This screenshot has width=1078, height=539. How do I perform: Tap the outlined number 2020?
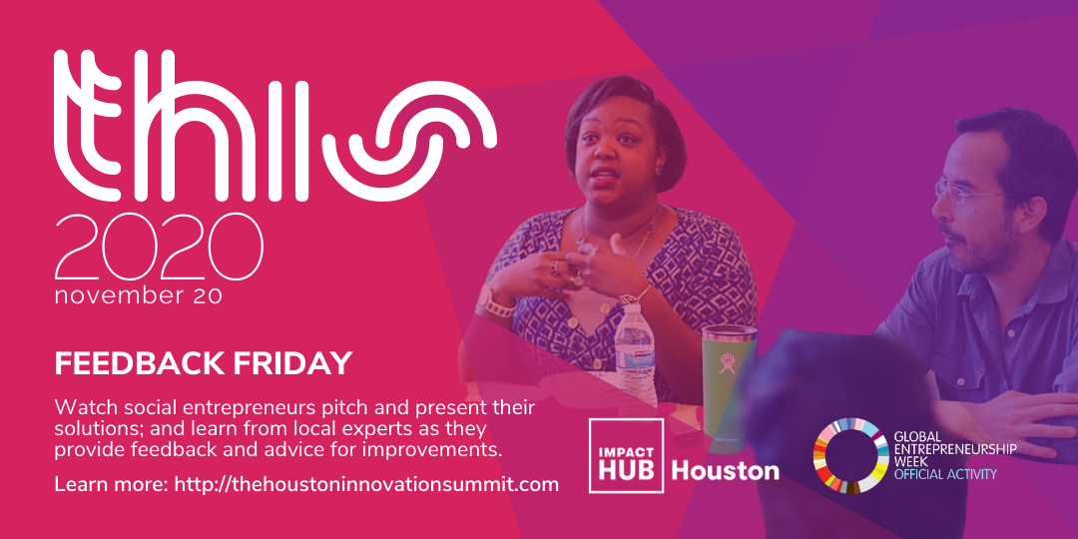click(159, 248)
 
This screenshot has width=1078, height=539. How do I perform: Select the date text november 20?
click(138, 296)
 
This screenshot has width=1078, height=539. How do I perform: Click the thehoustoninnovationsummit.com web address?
click(366, 484)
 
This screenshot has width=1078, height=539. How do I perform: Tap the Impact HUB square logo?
click(626, 455)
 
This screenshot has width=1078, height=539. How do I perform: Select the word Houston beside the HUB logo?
click(725, 471)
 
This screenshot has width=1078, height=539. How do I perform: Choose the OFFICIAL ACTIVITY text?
click(945, 474)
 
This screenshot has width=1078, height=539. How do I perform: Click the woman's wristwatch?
click(492, 302)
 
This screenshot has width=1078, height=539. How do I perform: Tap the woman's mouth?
click(604, 176)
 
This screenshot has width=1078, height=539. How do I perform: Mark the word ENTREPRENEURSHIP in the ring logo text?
click(955, 449)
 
